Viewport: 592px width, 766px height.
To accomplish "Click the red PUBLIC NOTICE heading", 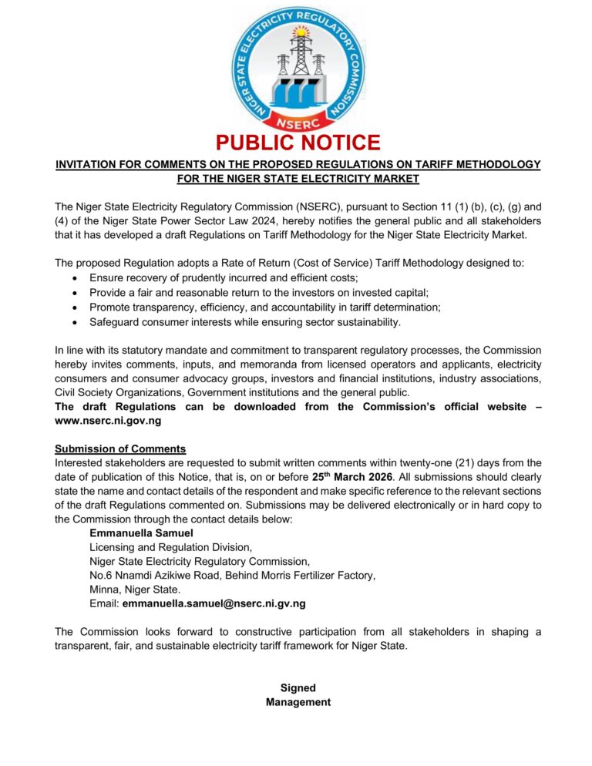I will tap(298, 143).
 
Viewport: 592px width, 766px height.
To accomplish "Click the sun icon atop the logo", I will tap(301, 32).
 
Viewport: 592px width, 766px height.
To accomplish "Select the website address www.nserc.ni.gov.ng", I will tap(108, 421).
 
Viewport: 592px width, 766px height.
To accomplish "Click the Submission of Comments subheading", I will tap(120, 449).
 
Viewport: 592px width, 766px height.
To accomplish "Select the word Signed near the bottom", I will tap(298, 687).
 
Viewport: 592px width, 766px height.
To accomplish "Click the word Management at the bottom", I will tap(298, 702).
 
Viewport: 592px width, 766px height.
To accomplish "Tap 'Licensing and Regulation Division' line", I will tap(170, 547).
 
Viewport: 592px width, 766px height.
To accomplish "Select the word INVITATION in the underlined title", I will tap(88, 165).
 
